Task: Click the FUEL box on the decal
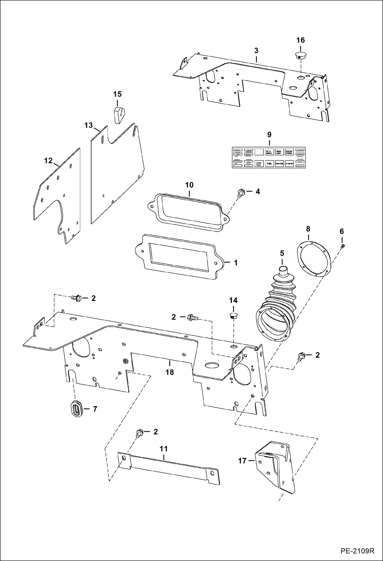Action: click(x=269, y=163)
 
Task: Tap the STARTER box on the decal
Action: click(x=289, y=163)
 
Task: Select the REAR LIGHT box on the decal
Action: click(x=279, y=152)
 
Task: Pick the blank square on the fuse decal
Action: click(x=259, y=152)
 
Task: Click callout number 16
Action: click(x=300, y=40)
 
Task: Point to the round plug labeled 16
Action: click(x=300, y=55)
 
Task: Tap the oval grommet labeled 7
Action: click(x=76, y=409)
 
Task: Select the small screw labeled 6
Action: click(x=343, y=246)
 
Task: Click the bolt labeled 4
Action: click(x=241, y=192)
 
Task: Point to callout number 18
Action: click(x=170, y=372)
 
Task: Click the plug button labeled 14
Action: click(x=233, y=315)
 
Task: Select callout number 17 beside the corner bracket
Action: click(x=242, y=461)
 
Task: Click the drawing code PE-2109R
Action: click(x=357, y=551)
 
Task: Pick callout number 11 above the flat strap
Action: click(x=164, y=449)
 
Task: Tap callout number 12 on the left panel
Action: click(x=48, y=161)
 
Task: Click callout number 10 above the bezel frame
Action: click(x=189, y=185)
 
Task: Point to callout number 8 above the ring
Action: click(x=308, y=229)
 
